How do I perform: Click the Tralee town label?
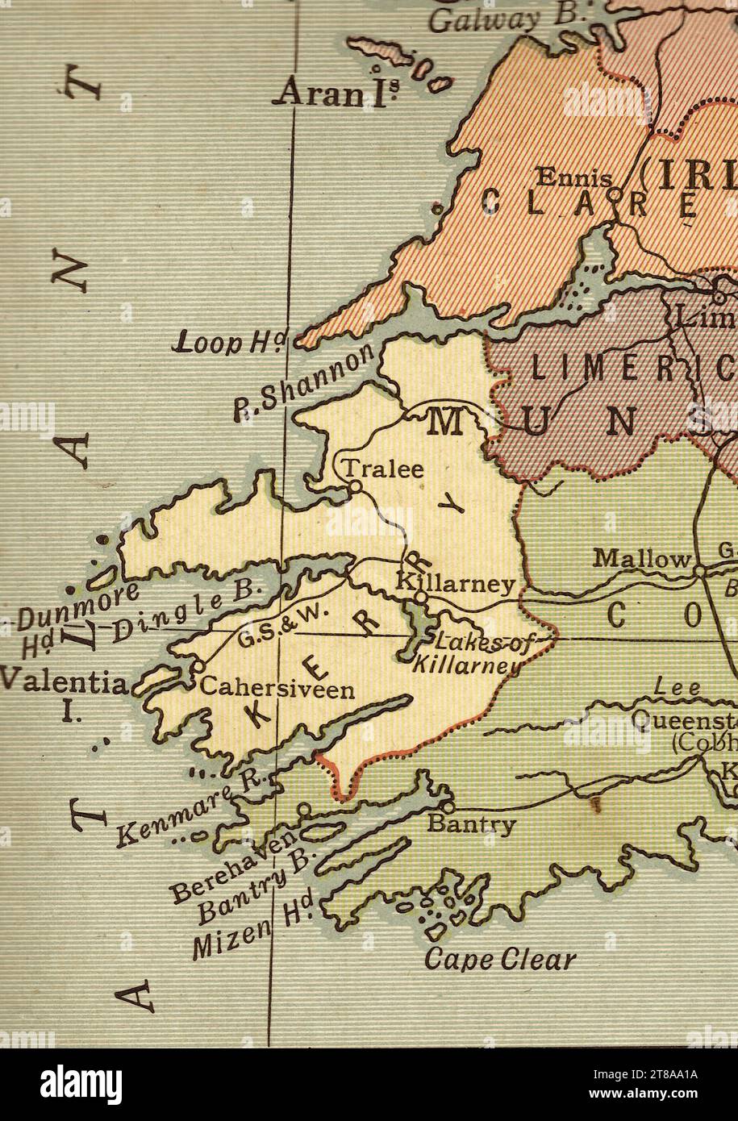384,469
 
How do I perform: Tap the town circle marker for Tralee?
353,486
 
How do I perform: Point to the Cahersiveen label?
277,690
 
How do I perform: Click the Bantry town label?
471,824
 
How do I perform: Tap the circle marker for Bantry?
448,806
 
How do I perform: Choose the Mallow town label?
642,558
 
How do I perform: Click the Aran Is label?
334,95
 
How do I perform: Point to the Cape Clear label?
500,960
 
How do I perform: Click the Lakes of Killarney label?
466,652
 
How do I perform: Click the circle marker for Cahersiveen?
195,668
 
